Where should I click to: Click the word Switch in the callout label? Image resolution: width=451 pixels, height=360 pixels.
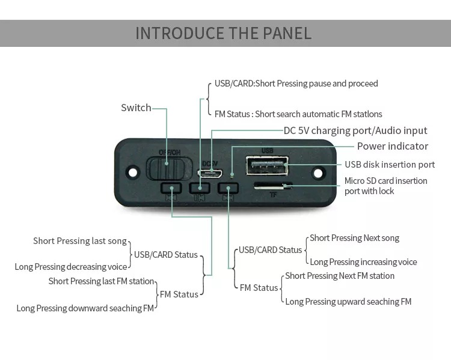pos(136,108)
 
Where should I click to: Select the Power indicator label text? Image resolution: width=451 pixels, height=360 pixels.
pos(392,146)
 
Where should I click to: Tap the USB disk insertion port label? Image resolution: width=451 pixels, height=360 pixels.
pos(390,165)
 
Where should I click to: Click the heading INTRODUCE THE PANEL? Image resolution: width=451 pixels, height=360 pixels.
pos(224,33)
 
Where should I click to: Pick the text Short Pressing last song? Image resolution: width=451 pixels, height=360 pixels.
pos(80,241)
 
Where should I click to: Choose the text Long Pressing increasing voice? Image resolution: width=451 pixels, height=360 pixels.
pos(363,262)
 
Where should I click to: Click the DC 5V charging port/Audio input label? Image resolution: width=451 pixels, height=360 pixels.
pos(355,130)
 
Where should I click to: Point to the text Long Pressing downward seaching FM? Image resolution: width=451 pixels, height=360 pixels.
pos(85,308)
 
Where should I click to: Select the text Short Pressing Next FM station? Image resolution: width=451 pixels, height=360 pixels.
pos(340,276)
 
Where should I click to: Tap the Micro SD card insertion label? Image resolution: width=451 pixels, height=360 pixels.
pos(385,181)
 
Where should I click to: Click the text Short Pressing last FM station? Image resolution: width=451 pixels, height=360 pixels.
pos(102,281)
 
